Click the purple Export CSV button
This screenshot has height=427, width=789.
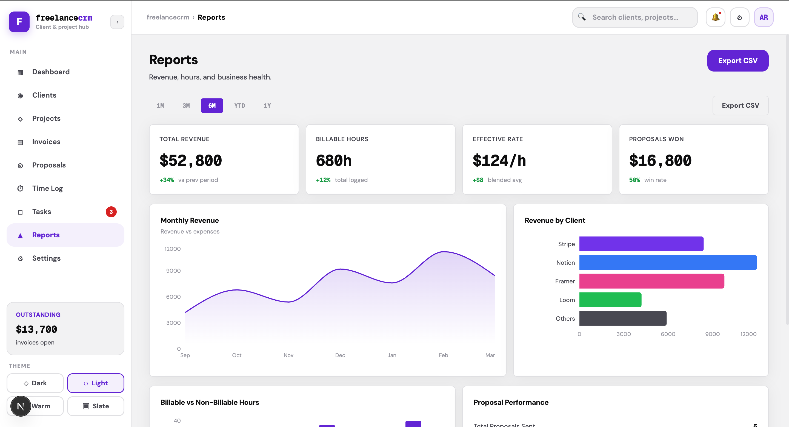pyautogui.click(x=737, y=61)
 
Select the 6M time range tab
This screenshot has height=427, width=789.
pyautogui.click(x=212, y=106)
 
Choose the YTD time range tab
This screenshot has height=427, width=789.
pyautogui.click(x=239, y=106)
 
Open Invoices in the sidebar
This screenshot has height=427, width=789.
pyautogui.click(x=46, y=142)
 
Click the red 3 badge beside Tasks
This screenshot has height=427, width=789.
pyautogui.click(x=111, y=212)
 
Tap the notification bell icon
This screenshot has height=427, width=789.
pyautogui.click(x=715, y=18)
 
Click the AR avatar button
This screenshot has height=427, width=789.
pyautogui.click(x=763, y=18)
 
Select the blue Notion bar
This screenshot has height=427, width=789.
pyautogui.click(x=668, y=263)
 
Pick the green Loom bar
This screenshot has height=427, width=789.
pyautogui.click(x=610, y=300)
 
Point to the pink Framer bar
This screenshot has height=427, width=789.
pyautogui.click(x=651, y=281)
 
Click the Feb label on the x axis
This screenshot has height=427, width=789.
pyautogui.click(x=443, y=355)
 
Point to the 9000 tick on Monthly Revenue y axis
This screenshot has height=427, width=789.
pyautogui.click(x=173, y=271)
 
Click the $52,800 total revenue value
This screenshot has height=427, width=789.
pyautogui.click(x=190, y=161)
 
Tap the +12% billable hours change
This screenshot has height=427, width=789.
pyautogui.click(x=323, y=180)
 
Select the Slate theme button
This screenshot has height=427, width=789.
pyautogui.click(x=96, y=406)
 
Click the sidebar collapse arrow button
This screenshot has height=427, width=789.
pyautogui.click(x=117, y=22)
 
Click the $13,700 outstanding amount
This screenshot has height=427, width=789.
pyautogui.click(x=36, y=329)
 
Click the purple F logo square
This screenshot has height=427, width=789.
pyautogui.click(x=19, y=22)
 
